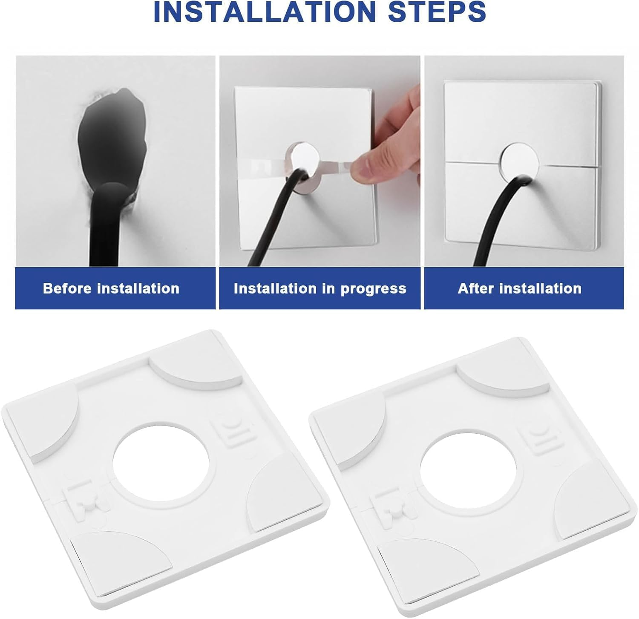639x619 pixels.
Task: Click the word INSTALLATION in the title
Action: [x=265, y=12]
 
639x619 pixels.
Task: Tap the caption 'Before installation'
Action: [x=111, y=288]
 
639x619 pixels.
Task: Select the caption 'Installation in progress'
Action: [x=320, y=288]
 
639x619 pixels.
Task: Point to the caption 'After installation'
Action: [x=519, y=288]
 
